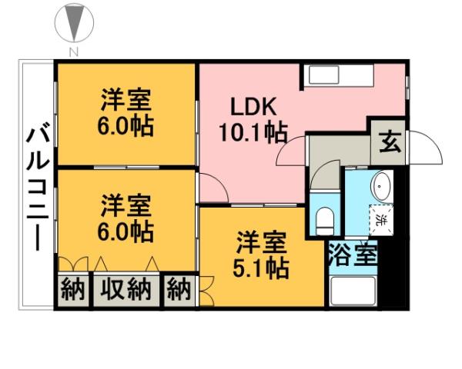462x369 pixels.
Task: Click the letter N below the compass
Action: tap(75, 52)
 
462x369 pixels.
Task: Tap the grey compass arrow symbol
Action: tap(75, 23)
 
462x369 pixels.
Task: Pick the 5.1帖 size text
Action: tap(263, 268)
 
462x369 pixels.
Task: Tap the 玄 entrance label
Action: tap(390, 142)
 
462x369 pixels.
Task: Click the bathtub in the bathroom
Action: tap(353, 291)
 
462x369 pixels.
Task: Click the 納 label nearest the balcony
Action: tap(72, 290)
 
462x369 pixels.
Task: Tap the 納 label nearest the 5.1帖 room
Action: tap(179, 290)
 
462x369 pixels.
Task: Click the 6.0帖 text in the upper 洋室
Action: tap(125, 125)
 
